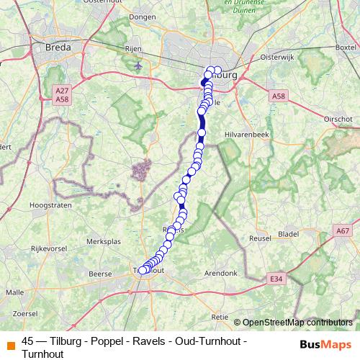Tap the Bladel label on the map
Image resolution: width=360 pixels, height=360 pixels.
click(289, 233)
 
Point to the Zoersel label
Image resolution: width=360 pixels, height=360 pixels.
click(25, 314)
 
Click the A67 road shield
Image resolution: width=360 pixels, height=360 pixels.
click(342, 230)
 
